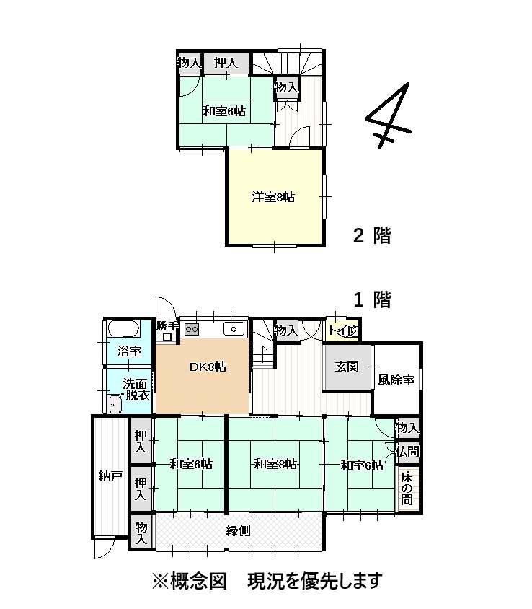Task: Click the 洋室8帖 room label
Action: point(273,196)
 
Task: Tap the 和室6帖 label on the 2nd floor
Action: point(223,111)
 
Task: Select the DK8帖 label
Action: point(208,367)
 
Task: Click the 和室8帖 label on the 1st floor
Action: point(275,464)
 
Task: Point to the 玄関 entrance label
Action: point(347,366)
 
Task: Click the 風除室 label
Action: point(396,380)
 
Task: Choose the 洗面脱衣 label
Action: point(136,390)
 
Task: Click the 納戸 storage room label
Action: point(111,476)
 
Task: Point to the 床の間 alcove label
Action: point(408,488)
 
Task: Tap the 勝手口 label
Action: point(167,326)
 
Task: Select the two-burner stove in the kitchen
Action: point(191,329)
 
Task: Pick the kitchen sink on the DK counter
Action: point(234,329)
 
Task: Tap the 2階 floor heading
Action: point(371,235)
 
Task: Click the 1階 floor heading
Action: point(371,299)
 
